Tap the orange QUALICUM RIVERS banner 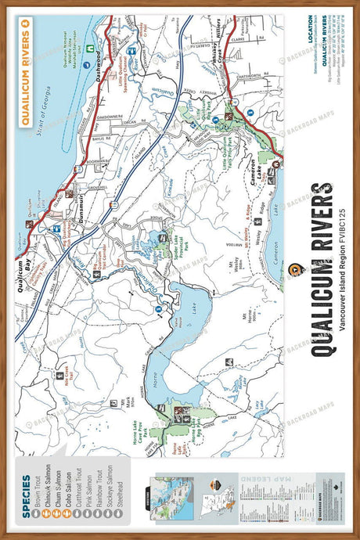(27, 71)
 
